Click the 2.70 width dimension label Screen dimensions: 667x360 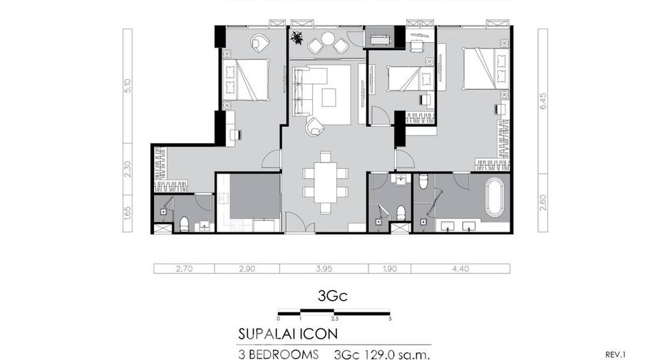coord(184,269)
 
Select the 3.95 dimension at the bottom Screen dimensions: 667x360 coord(324,269)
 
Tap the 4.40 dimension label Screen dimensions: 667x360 coord(460,269)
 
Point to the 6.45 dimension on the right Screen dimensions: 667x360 coord(543,101)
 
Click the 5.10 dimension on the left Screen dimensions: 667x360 coord(128,86)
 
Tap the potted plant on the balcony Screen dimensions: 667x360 coord(297,38)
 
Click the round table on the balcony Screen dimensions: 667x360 coord(328,38)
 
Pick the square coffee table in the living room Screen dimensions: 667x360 coord(329,97)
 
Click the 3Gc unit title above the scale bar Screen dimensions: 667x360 coord(333,296)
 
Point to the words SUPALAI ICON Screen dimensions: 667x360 coord(288,334)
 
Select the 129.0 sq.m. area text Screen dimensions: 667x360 coord(398,355)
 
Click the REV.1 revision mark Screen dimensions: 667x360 coord(616,354)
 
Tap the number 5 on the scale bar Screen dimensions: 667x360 coord(390,319)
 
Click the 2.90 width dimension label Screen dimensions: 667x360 coord(247,269)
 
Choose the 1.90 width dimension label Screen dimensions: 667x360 coord(390,269)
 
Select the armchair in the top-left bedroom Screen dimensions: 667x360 coord(260,43)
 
